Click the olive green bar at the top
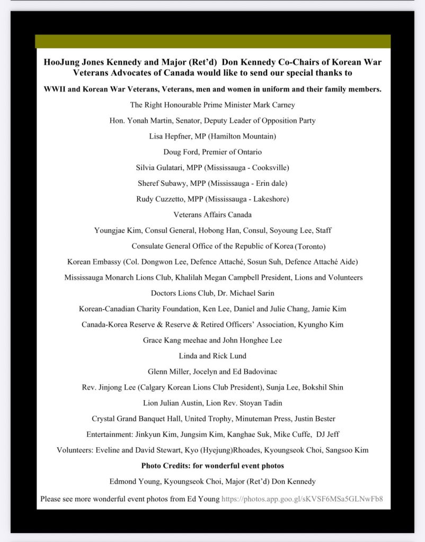click(212, 41)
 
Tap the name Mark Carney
click(273, 105)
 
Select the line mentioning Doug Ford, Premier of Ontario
click(212, 152)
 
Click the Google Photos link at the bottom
click(302, 499)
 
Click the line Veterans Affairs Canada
click(212, 214)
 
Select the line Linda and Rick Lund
click(212, 356)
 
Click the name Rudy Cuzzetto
click(161, 199)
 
